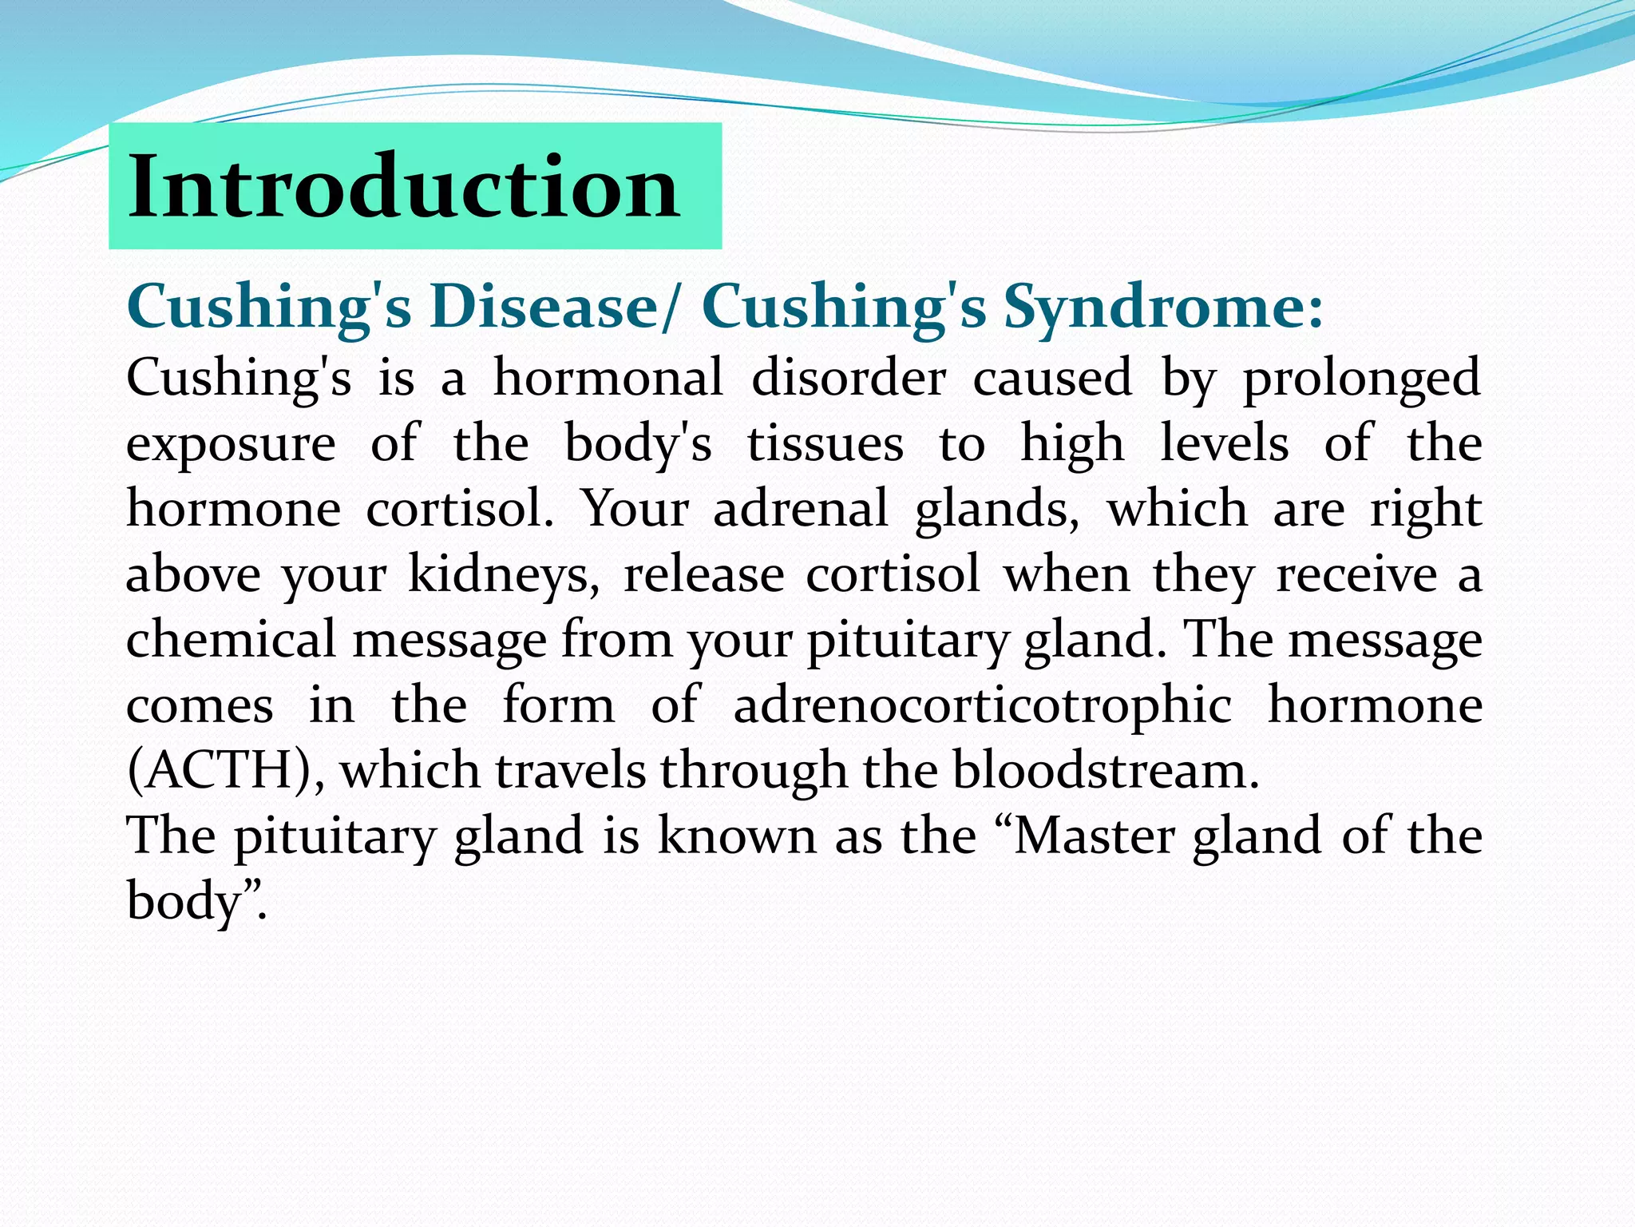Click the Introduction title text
click(x=404, y=187)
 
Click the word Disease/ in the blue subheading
click(x=556, y=307)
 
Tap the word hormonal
click(x=608, y=377)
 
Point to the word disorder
click(x=849, y=377)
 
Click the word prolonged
click(x=1362, y=379)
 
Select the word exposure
click(x=231, y=444)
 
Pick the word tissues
click(x=825, y=444)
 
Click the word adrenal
click(x=800, y=510)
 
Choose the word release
click(x=703, y=575)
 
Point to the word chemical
click(x=231, y=641)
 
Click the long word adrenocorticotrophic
click(x=982, y=706)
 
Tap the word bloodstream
click(x=1105, y=772)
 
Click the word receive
click(x=1356, y=575)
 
